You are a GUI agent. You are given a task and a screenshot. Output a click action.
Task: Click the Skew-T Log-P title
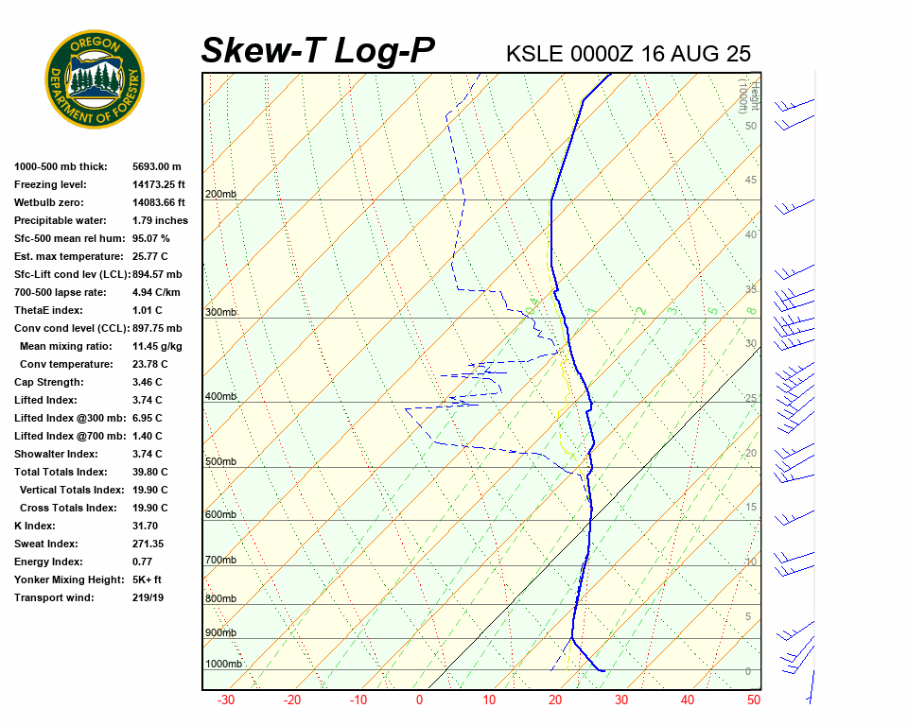click(x=318, y=51)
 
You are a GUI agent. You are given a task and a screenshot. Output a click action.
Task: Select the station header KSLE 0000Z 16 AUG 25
click(x=628, y=54)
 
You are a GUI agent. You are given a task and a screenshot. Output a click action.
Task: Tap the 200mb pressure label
click(x=221, y=195)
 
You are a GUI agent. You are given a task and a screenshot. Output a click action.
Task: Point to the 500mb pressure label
click(x=221, y=462)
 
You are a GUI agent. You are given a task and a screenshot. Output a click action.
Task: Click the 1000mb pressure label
click(x=224, y=665)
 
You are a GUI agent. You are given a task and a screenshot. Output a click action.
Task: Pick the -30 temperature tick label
click(x=226, y=700)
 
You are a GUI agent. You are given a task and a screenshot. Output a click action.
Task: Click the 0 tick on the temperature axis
click(x=419, y=700)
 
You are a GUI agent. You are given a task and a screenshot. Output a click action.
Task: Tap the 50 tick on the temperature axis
click(x=754, y=700)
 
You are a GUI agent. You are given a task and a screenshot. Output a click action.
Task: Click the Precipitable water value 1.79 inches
click(x=160, y=220)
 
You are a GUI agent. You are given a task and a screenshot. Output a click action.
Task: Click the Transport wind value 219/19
click(x=148, y=597)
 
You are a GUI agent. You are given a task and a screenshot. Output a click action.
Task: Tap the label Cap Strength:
click(x=49, y=382)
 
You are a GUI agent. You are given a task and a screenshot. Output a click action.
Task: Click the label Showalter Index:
click(x=58, y=454)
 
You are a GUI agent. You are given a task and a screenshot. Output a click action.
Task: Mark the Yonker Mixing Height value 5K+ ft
click(x=147, y=579)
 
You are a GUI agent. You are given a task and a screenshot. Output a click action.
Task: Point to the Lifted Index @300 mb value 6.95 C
click(x=147, y=418)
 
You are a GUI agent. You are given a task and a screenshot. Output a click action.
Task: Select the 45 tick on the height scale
click(x=751, y=181)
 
